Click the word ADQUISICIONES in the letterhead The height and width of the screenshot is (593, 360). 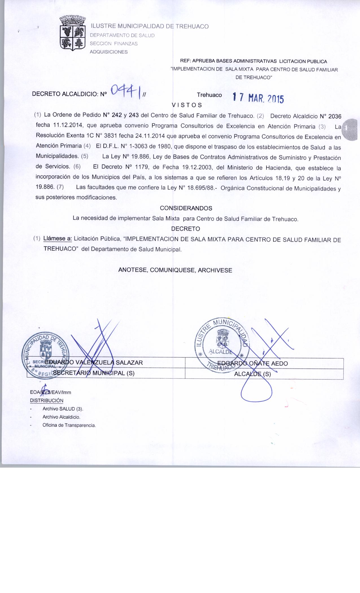(108, 52)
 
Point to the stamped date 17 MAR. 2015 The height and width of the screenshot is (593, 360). (257, 98)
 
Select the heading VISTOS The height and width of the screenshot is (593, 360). (187, 105)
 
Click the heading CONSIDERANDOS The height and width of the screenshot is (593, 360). (186, 208)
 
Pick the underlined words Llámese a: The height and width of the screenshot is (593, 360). (58, 239)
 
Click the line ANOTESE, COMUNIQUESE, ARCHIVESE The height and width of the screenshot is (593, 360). (175, 270)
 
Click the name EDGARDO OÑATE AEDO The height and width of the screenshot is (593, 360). (253, 364)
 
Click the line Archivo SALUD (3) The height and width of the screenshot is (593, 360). (63, 409)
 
